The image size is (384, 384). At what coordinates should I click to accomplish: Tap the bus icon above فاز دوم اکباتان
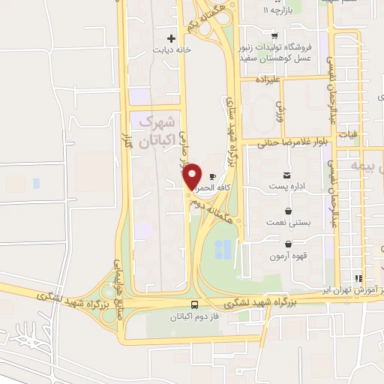[195, 305]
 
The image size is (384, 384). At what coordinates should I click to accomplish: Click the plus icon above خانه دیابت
[172, 37]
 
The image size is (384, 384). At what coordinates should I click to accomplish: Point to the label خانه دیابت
[167, 51]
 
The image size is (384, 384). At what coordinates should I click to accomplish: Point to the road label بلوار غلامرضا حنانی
[288, 142]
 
